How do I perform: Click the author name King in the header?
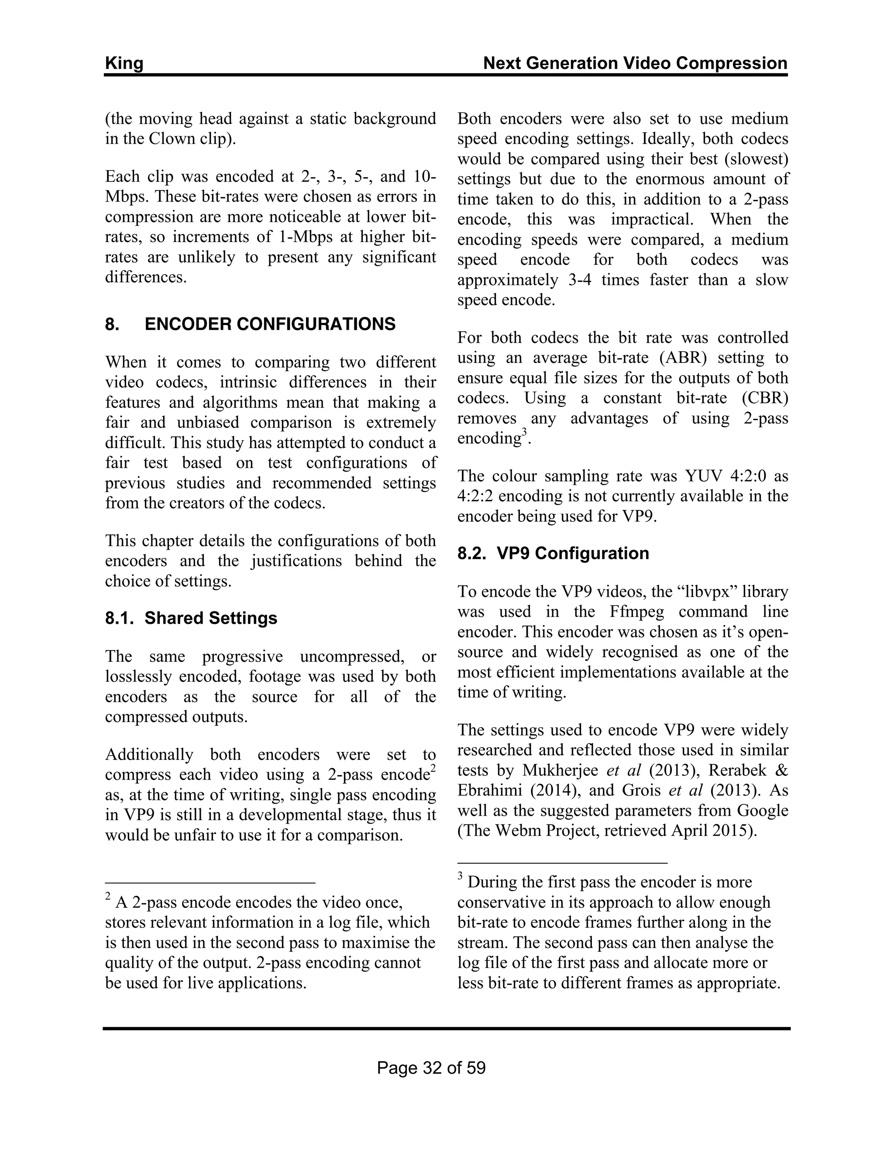(x=124, y=64)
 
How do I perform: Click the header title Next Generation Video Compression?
(x=635, y=64)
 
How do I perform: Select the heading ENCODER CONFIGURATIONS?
(x=270, y=324)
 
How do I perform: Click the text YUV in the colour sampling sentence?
(x=704, y=476)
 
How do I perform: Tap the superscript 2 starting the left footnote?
(x=108, y=896)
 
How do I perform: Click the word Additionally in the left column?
(x=149, y=754)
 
